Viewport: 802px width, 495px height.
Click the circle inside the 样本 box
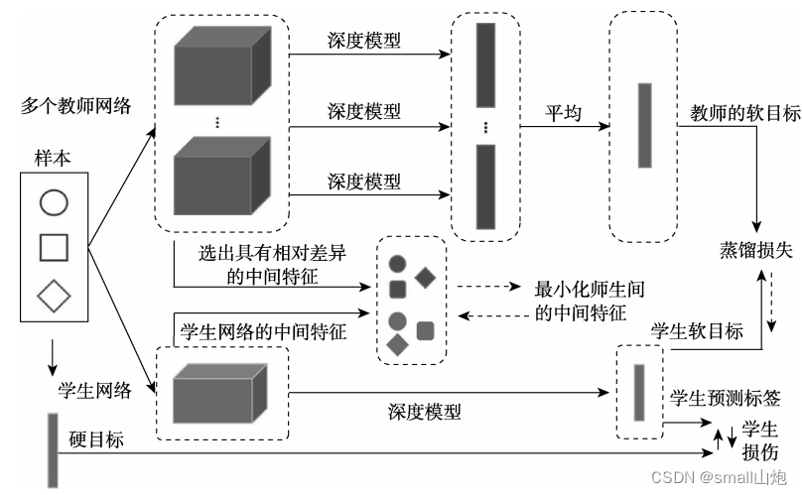(54, 203)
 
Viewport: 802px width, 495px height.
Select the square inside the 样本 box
(54, 247)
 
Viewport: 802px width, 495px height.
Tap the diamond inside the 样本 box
(54, 295)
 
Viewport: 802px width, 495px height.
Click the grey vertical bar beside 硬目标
(53, 448)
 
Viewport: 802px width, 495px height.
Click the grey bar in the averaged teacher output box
(644, 125)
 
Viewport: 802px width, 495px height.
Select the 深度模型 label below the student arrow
(424, 410)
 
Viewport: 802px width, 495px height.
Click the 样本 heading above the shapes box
(53, 158)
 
